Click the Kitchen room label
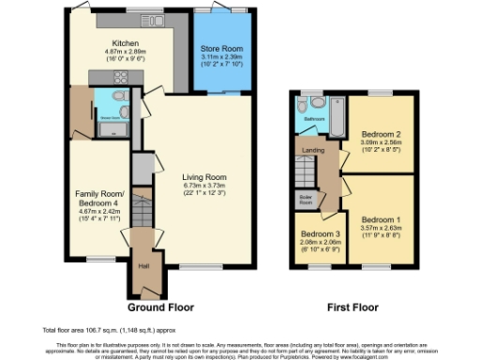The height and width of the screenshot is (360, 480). point(127,43)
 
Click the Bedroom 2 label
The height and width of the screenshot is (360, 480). point(381,135)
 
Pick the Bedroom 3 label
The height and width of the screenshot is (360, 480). point(315,233)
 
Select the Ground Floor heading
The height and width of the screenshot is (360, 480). point(158,306)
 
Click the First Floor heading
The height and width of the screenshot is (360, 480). point(352,306)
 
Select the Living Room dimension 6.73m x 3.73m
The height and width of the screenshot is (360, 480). point(204,186)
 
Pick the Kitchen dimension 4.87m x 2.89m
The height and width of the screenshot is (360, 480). point(127,52)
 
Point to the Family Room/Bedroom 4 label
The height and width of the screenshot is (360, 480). point(97,199)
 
